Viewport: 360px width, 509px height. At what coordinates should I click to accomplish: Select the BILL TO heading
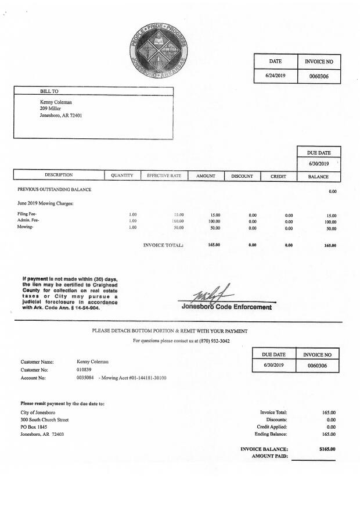49,91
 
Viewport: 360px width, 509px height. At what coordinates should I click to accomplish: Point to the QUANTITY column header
122,175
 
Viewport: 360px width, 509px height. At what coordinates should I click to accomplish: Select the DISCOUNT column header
242,175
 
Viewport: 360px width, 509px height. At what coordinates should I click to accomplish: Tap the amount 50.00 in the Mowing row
214,228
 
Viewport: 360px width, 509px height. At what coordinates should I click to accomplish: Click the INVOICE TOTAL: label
163,245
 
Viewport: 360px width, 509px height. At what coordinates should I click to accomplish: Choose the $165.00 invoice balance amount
327,449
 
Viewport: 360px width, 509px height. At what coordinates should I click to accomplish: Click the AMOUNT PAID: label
270,456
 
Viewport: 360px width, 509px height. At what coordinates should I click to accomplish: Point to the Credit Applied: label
272,426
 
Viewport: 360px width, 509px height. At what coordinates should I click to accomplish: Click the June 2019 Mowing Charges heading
45,203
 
